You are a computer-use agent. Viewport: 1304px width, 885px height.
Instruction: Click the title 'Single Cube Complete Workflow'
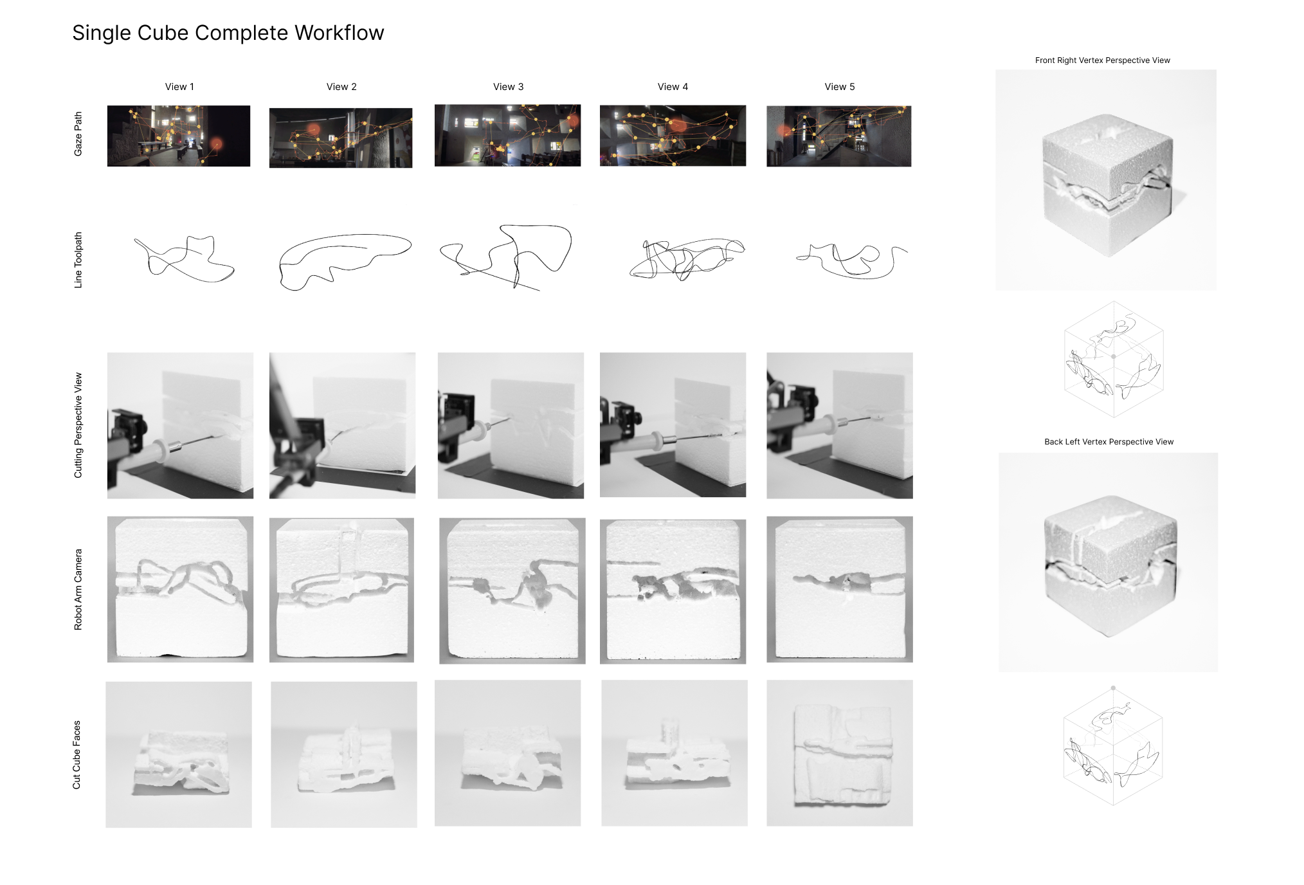[x=228, y=33]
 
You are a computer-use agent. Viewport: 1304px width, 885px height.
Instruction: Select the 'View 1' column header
[x=179, y=87]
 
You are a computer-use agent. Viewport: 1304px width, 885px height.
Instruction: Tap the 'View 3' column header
[x=509, y=87]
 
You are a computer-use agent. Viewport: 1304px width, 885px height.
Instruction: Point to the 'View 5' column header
[x=840, y=87]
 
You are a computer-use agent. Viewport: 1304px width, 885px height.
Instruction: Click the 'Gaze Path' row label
[x=78, y=134]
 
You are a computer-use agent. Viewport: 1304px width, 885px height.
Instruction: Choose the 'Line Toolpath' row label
[x=78, y=260]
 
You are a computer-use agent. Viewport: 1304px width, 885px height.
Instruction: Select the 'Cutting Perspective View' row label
[x=78, y=425]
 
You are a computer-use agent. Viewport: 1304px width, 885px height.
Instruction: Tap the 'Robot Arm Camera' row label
[x=78, y=589]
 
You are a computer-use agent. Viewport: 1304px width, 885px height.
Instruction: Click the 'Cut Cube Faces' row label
[x=77, y=754]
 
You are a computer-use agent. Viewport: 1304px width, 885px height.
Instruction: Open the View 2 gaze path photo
[x=341, y=138]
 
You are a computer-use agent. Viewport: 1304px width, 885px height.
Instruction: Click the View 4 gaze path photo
[x=673, y=136]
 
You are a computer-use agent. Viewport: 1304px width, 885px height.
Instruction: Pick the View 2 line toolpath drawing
[x=345, y=262]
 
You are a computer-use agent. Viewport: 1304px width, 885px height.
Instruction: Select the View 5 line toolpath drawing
[x=852, y=261]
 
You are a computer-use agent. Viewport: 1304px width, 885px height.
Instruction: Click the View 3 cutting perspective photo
[x=511, y=425]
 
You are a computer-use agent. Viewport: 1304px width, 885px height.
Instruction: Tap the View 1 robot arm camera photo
[x=180, y=589]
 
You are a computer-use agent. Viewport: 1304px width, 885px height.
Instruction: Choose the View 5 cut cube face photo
[x=840, y=753]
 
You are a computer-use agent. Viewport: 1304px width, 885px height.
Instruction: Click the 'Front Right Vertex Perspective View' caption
[x=1102, y=60]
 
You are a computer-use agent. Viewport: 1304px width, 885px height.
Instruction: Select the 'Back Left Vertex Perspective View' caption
[x=1109, y=442]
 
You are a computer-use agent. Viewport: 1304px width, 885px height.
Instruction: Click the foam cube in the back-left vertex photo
[x=1110, y=565]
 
